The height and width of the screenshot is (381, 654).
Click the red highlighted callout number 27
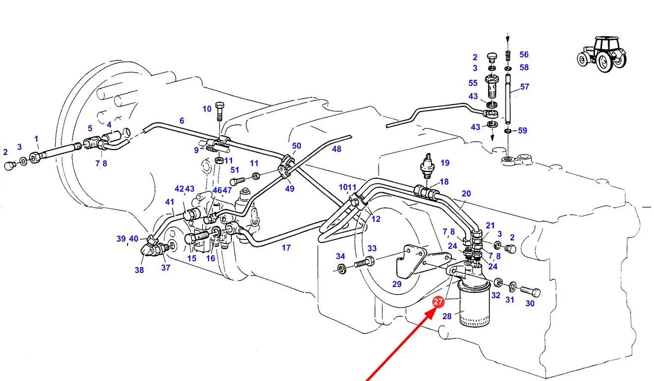(438, 302)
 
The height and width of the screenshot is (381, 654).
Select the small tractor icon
(601, 54)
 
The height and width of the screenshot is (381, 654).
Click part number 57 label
(525, 87)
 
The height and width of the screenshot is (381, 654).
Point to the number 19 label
(444, 163)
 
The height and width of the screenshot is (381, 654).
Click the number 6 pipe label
(182, 120)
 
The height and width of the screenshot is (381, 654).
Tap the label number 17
(286, 248)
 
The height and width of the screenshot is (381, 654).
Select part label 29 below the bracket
(396, 284)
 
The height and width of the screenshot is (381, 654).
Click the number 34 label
(340, 256)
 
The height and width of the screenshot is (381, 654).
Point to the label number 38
(139, 270)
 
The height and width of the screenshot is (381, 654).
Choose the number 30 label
(530, 303)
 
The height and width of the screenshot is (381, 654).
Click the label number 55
(473, 83)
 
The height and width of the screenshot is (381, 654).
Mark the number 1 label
(36, 139)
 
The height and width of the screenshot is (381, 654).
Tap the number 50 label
(296, 146)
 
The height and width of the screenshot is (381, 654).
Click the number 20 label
(466, 194)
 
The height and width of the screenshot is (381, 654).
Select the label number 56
(524, 54)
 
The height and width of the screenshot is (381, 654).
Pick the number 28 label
(446, 316)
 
